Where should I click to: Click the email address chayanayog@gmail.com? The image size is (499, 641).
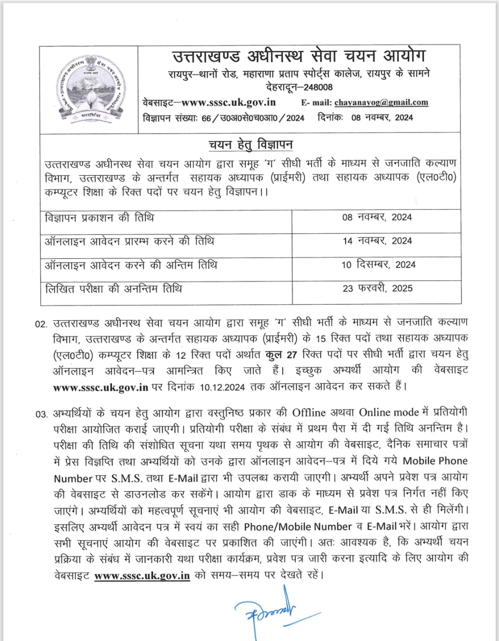tap(381, 102)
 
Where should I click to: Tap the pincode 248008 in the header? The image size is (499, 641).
tap(318, 87)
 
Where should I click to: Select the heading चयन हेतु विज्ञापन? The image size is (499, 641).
tap(250, 145)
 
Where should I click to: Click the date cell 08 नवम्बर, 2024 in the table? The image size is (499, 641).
tap(377, 217)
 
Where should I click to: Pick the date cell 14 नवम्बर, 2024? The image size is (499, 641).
tap(377, 241)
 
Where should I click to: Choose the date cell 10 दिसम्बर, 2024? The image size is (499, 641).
tap(378, 265)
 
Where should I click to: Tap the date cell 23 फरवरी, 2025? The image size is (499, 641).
tap(377, 288)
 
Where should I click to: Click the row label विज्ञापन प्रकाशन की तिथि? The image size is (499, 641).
tap(99, 218)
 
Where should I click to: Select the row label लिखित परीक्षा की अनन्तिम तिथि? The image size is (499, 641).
tap(114, 289)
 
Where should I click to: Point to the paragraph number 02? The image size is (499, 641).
tap(41, 324)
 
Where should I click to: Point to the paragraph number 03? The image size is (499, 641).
tap(41, 414)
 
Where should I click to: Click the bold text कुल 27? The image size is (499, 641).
tap(281, 354)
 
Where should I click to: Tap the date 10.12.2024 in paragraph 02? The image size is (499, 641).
tap(222, 387)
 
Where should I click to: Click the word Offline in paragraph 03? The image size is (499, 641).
tap(309, 412)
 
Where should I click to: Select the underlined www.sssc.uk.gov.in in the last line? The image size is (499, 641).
tap(142, 576)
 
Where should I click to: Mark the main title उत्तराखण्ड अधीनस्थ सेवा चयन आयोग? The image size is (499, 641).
tap(298, 56)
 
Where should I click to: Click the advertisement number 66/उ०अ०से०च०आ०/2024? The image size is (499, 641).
tap(253, 118)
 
